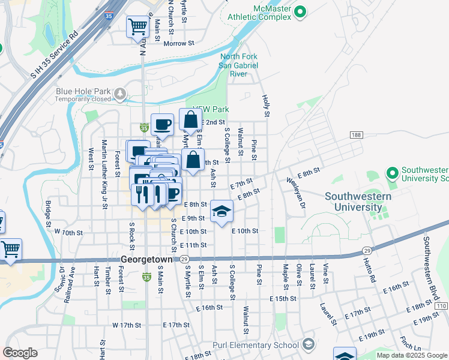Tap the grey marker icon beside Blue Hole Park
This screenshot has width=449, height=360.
tap(120, 94)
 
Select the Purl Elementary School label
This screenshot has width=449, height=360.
tap(256, 345)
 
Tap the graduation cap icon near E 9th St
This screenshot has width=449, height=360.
tap(221, 212)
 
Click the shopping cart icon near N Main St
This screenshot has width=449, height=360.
tap(137, 26)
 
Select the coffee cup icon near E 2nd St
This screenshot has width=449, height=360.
tap(162, 125)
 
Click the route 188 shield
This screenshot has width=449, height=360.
tap(357, 136)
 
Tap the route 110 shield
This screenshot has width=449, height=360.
tap(442, 306)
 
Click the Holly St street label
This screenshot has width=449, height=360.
tap(264, 105)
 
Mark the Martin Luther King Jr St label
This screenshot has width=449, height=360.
tap(104, 173)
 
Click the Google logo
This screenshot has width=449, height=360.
tap(20, 353)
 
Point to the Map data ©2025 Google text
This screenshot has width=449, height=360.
tap(412, 355)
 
